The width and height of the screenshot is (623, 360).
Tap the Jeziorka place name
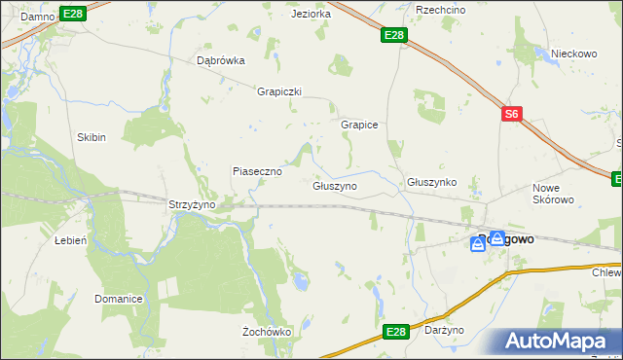(x=311, y=14)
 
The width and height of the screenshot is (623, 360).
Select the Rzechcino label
(x=437, y=9)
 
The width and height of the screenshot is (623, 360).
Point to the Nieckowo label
(x=572, y=54)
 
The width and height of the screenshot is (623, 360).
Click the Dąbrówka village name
(x=221, y=59)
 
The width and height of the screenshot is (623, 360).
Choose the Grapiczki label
(x=279, y=91)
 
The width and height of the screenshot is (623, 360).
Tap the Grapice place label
(x=358, y=125)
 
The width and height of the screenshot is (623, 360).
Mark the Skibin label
(x=92, y=137)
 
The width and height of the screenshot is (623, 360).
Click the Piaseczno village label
(x=257, y=170)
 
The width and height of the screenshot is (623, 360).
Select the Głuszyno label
(x=334, y=185)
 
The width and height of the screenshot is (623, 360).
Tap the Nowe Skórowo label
(x=553, y=194)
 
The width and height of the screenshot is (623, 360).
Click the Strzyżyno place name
(x=192, y=205)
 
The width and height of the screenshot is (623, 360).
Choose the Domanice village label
(x=119, y=298)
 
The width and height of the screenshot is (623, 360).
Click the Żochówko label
(x=267, y=332)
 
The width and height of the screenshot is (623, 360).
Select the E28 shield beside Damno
(x=72, y=13)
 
